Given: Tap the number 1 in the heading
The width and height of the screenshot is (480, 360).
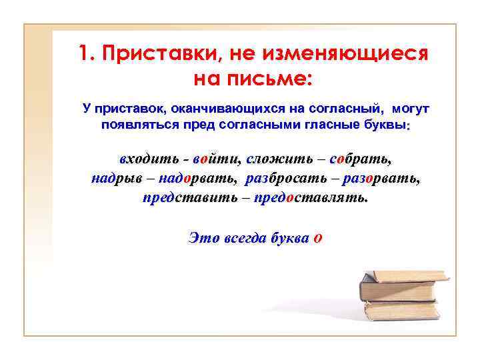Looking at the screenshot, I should (x=83, y=53).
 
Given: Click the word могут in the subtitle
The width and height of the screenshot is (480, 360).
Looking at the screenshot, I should (x=411, y=108).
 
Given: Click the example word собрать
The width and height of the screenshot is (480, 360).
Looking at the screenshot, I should (x=359, y=160).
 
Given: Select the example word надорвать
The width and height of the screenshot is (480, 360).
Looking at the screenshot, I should (x=197, y=179).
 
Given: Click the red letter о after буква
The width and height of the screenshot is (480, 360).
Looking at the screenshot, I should (x=317, y=238).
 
